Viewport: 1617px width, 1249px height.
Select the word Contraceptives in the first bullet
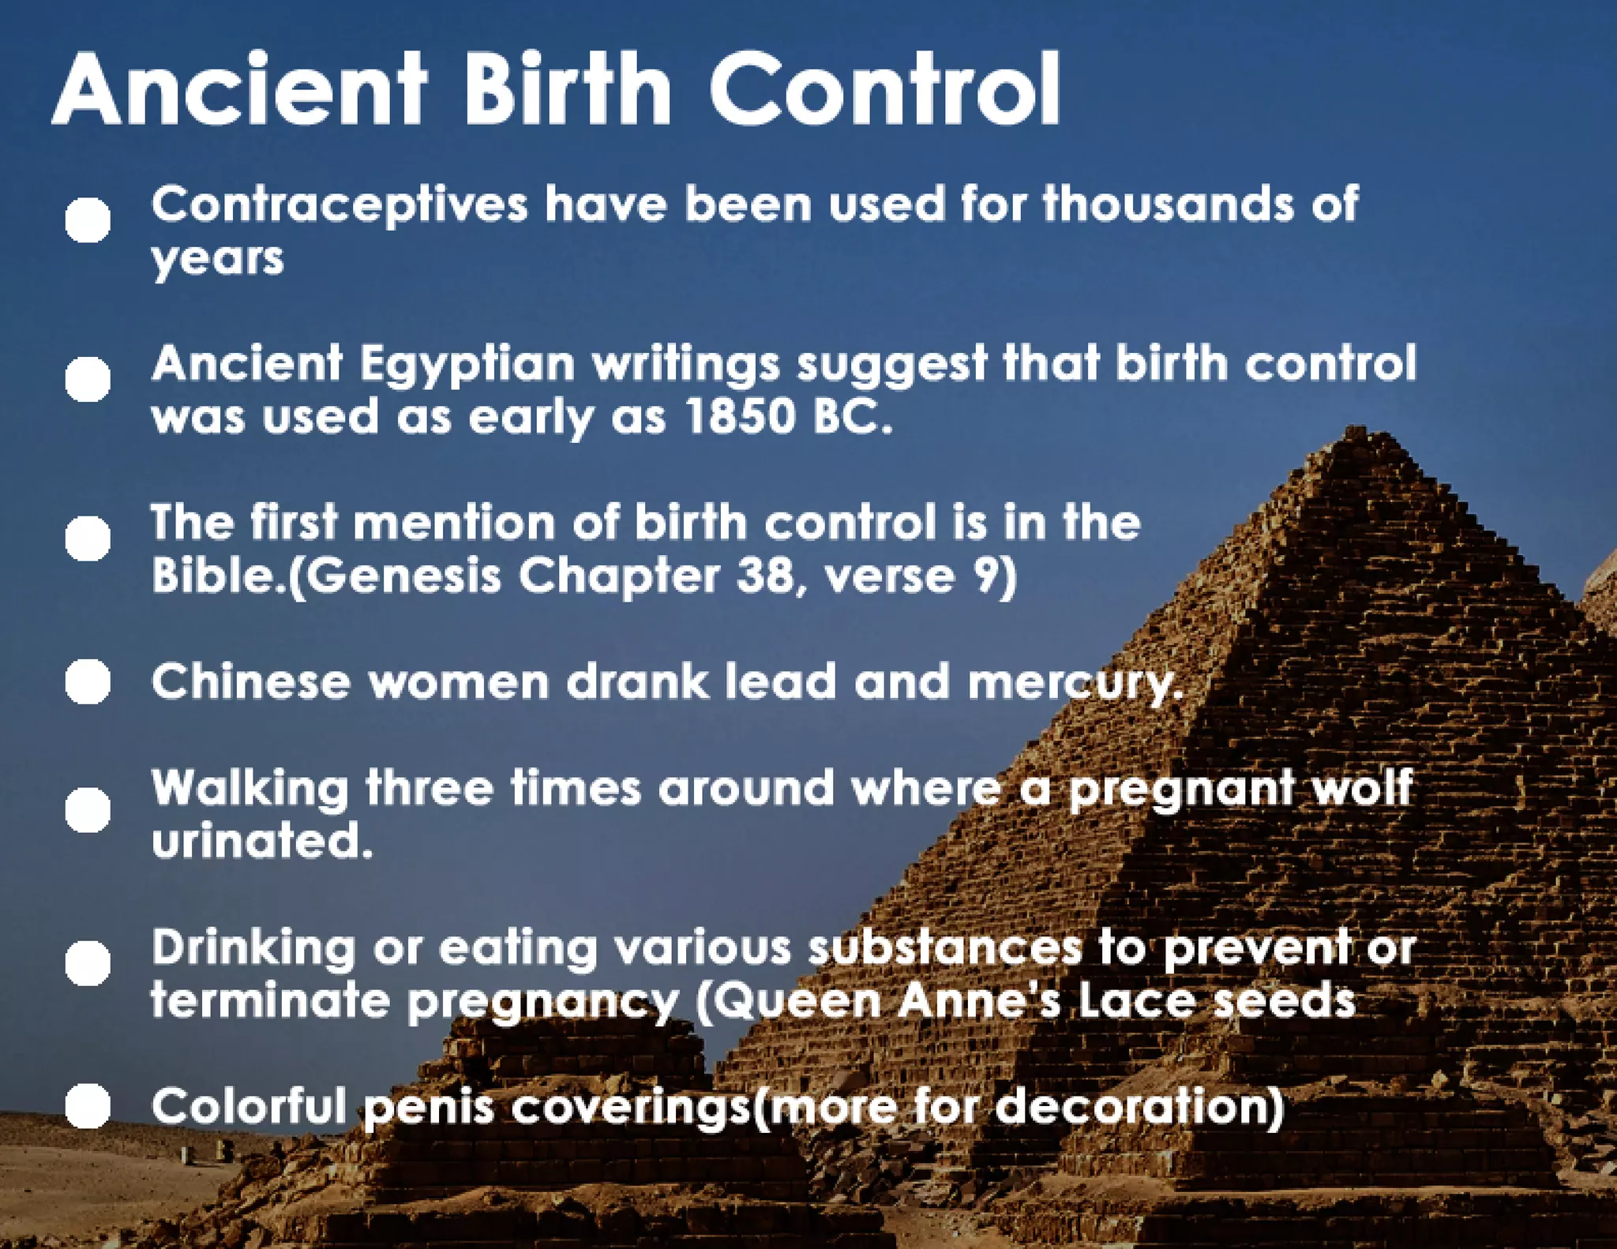click(340, 205)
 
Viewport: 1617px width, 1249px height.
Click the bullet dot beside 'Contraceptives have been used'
click(88, 219)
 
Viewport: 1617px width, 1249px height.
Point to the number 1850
click(741, 416)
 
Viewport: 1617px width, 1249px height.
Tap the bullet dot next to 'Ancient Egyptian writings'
click(88, 379)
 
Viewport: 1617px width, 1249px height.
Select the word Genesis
click(403, 576)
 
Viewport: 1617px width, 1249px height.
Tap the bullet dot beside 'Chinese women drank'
click(88, 681)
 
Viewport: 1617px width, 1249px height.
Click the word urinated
click(261, 841)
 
